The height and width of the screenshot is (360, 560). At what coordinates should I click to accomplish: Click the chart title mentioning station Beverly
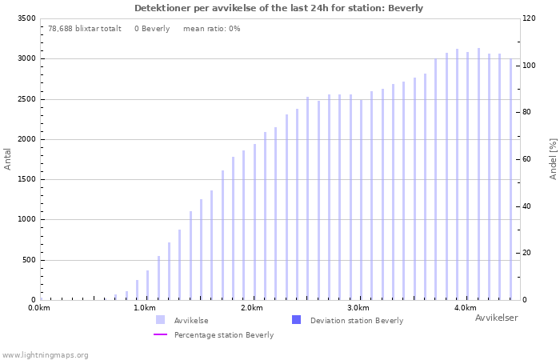pos(278,8)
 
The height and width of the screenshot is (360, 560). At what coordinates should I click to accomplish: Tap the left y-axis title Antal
pos(8,158)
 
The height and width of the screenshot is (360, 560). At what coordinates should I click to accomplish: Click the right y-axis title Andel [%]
pos(553,158)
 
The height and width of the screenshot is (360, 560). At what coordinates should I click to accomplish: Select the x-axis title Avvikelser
pos(496,318)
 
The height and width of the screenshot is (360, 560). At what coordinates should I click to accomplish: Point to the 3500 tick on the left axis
pos(26,18)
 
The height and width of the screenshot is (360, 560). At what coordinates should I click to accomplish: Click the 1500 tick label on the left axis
pos(26,179)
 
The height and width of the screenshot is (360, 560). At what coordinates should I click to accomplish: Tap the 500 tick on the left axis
pos(28,260)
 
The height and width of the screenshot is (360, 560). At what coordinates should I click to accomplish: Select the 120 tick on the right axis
pos(530,18)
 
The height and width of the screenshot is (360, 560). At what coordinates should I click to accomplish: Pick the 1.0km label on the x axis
pos(144,308)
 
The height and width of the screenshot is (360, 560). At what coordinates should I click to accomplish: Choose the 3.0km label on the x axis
pos(358,308)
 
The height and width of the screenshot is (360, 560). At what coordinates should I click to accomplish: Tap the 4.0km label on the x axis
pos(465,308)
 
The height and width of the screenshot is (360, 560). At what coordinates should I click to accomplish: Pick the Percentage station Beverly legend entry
pos(223,334)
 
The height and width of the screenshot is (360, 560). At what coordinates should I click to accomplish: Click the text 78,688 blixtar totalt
pos(85,28)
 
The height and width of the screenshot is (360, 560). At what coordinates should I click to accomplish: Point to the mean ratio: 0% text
pos(211,28)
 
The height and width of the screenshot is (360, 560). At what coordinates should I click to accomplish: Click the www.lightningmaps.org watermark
pos(45,354)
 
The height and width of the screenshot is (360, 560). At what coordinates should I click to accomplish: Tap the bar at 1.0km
pos(147,285)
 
